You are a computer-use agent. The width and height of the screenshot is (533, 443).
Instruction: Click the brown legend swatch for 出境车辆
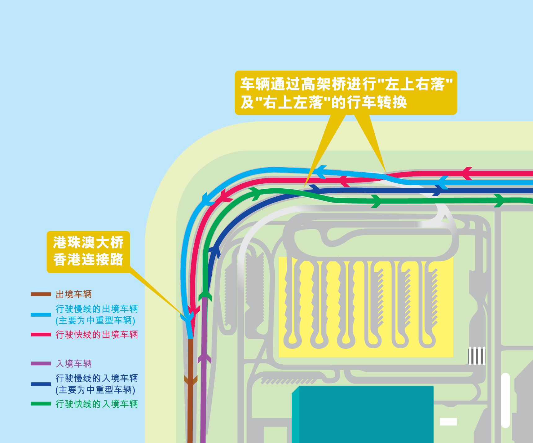coord(41,294)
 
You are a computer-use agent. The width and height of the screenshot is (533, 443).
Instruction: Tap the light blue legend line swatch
coord(41,314)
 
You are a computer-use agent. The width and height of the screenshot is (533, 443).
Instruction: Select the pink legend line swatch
coord(41,335)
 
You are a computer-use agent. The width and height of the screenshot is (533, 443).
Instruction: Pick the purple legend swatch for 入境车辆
coord(41,363)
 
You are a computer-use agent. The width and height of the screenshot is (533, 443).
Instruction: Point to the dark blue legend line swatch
coord(41,384)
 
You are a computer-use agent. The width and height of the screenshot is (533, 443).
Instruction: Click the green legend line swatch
coord(41,404)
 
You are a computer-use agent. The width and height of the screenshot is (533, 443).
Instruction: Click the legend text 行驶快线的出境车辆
coord(97,335)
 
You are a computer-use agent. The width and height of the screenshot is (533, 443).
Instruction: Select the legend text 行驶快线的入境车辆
coord(97,404)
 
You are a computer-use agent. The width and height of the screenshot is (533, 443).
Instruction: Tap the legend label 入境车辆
coord(74,363)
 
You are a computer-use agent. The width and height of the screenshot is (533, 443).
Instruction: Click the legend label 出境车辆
coord(74,294)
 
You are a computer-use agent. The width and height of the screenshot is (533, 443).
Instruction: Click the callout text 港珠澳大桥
coord(88,242)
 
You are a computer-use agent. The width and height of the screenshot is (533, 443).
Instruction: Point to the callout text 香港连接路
coord(88,259)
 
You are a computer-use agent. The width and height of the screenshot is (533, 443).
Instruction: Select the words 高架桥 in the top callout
coord(323,84)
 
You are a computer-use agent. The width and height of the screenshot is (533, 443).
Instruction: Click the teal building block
coord(363,414)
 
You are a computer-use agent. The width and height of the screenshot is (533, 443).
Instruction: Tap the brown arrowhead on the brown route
coord(191,380)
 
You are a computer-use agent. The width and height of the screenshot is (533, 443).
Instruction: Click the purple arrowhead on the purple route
coord(204,358)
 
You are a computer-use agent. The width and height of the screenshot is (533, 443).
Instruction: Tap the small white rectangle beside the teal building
coord(448,422)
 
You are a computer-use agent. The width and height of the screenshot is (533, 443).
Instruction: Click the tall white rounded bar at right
coord(505,400)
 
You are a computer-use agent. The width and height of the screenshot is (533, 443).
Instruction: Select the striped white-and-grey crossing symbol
coord(477,356)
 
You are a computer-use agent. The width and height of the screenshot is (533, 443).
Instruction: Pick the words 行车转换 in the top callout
coord(377,102)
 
